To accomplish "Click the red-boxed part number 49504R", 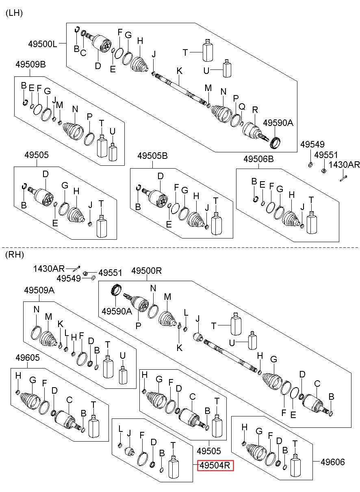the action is click(215, 465).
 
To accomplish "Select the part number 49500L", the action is click(43, 44).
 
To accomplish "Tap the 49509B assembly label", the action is click(30, 65).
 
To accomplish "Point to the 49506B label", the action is click(258, 159).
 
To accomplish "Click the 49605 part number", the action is click(28, 358).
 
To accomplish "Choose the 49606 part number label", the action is click(333, 462).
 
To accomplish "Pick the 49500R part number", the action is click(147, 271).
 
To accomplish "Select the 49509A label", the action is click(39, 290).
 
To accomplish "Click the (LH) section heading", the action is click(14, 13).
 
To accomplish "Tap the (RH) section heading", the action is click(15, 255).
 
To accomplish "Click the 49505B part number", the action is click(152, 156).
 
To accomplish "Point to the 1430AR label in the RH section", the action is click(49, 269).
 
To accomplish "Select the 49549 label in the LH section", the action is click(312, 144).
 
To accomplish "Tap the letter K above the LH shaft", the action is click(180, 71).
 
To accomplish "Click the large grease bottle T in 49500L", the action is click(207, 50).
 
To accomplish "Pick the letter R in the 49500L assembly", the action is click(255, 110).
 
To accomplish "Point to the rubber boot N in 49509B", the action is click(73, 131).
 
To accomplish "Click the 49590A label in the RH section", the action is click(117, 311).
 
